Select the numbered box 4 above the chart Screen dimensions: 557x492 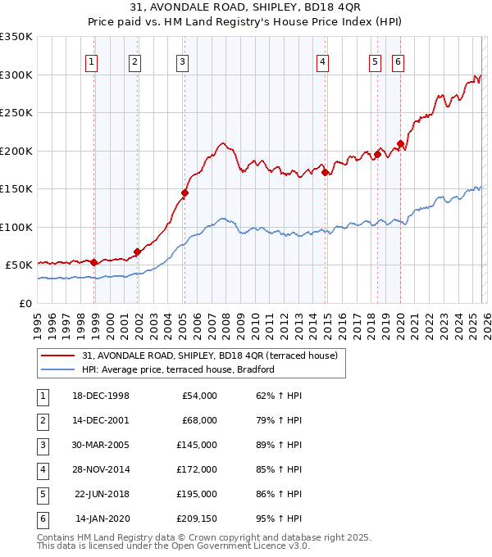323,61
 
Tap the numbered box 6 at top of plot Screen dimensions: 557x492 398,61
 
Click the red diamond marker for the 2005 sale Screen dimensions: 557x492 184,193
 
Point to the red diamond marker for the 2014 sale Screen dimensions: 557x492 326,173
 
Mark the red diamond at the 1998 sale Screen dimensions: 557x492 93,263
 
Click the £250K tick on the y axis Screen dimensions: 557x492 16,113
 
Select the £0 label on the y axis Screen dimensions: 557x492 25,303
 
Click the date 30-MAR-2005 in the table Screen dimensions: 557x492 102,445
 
